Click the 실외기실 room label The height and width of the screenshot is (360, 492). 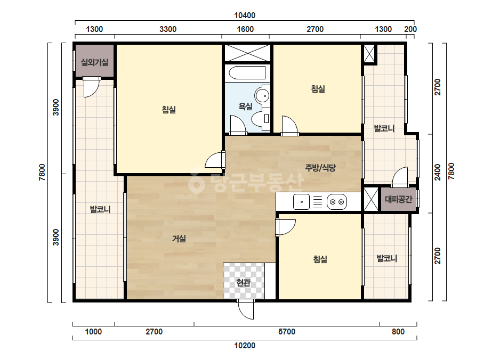(x=94, y=62)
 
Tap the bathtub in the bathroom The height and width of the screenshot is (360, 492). (x=247, y=73)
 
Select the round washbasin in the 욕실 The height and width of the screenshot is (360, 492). (x=262, y=95)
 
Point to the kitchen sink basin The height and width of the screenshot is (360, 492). (x=301, y=202)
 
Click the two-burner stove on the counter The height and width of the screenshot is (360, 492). (x=337, y=202)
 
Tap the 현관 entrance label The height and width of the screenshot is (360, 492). (x=243, y=283)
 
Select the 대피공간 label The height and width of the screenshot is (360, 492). (x=399, y=199)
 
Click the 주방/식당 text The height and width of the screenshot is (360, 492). (x=320, y=168)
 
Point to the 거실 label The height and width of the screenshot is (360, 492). (x=179, y=239)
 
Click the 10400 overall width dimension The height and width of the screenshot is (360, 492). (x=245, y=15)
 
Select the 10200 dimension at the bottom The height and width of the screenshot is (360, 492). (x=245, y=346)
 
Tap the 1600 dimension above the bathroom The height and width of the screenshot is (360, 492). (x=245, y=29)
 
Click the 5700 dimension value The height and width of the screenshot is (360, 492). (x=287, y=331)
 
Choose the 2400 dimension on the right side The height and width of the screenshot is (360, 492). (x=438, y=172)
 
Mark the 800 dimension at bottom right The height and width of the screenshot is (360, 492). (x=398, y=331)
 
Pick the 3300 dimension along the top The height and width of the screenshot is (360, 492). (x=168, y=29)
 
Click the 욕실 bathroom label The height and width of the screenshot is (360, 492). (x=245, y=107)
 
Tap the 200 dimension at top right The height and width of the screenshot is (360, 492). (x=410, y=29)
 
